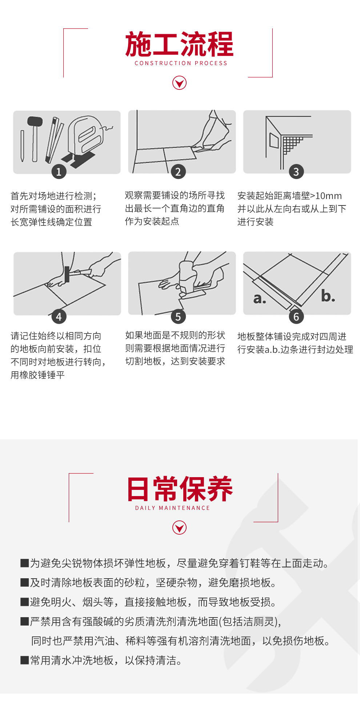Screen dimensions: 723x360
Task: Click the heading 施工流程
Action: point(179,44)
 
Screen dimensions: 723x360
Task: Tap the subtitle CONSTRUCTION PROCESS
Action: point(181,63)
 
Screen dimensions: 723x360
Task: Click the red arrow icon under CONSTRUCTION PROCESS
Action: point(179,83)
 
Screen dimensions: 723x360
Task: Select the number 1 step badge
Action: point(59,171)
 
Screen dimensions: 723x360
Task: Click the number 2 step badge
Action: point(178,171)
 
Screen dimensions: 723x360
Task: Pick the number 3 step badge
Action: point(296,171)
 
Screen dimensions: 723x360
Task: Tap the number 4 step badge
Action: point(59,316)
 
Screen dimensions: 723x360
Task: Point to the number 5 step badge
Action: point(178,316)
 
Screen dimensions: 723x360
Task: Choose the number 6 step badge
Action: point(296,316)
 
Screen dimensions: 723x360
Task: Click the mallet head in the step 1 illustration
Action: point(35,121)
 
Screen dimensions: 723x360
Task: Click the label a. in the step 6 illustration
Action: point(259,299)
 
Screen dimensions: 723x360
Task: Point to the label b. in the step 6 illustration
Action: point(328,296)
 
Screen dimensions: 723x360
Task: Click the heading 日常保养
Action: point(179,489)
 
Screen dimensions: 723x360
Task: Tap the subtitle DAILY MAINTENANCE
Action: point(173,508)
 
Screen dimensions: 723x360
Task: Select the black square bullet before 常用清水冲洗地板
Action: point(24,660)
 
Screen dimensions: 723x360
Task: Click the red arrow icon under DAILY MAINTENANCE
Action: point(179,527)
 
